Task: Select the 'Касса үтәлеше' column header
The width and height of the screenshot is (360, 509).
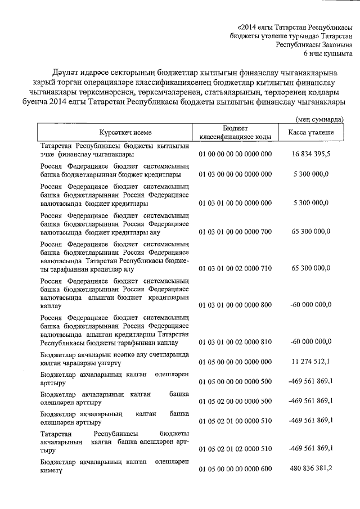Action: coord(311,132)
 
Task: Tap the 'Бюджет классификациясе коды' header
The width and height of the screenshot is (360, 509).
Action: coord(236,132)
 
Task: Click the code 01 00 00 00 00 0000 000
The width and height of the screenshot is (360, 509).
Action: coord(236,154)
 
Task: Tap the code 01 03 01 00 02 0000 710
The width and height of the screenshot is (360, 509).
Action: coord(236,270)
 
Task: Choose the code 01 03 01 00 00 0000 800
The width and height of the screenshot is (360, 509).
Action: coord(236,305)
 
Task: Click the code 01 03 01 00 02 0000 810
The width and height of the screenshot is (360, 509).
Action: coord(236,341)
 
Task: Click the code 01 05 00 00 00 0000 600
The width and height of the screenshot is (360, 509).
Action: coord(236,469)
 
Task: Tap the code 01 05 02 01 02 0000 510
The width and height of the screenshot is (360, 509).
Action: coord(236,448)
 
